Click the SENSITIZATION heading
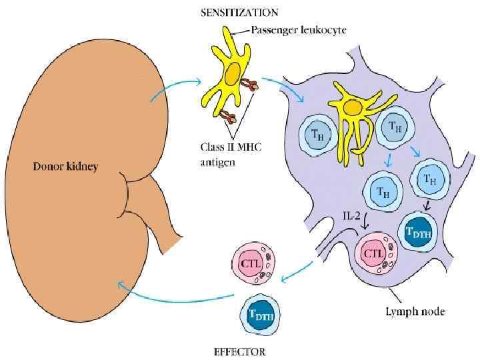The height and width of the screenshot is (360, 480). (x=239, y=13)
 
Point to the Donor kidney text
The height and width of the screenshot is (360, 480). (x=65, y=167)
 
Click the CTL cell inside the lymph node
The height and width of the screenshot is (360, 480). (x=375, y=253)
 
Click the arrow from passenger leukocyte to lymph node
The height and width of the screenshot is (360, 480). (x=283, y=87)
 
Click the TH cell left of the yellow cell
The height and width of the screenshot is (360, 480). (x=315, y=133)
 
